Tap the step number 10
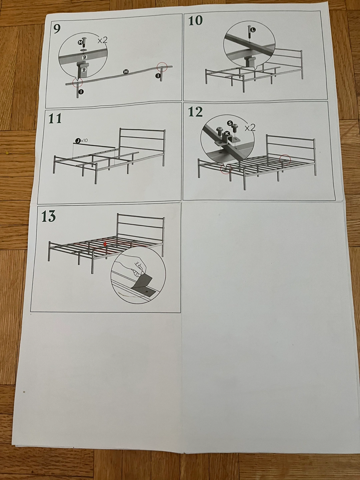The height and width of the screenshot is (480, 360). [195, 21]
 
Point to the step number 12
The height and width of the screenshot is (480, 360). [195, 112]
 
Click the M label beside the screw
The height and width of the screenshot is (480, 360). [80, 43]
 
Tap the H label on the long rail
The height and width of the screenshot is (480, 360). [126, 72]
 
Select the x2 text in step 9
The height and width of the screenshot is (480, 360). [102, 40]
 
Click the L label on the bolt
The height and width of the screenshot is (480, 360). [253, 30]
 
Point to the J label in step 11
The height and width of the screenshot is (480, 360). [78, 141]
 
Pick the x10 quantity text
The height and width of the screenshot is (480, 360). [84, 140]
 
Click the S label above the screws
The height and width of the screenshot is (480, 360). [230, 123]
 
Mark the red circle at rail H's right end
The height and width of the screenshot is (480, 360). [162, 66]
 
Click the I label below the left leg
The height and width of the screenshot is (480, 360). [81, 92]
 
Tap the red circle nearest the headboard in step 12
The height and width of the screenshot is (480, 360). [285, 159]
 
